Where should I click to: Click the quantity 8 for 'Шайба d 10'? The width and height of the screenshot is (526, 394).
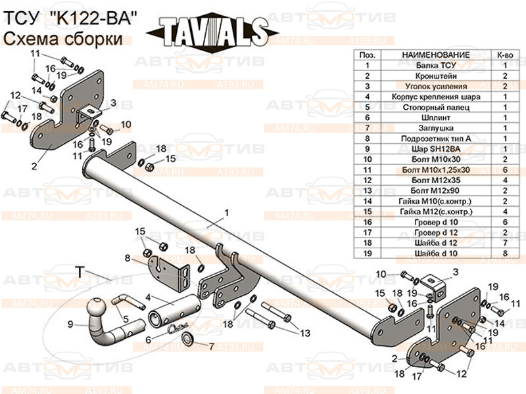click(x=505, y=252)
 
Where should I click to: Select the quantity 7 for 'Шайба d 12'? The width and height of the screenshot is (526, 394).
click(x=505, y=242)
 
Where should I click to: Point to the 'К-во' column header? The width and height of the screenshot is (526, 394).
click(x=505, y=55)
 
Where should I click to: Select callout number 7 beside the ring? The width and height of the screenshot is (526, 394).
click(x=211, y=345)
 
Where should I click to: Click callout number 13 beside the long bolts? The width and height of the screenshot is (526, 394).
click(x=304, y=333)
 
